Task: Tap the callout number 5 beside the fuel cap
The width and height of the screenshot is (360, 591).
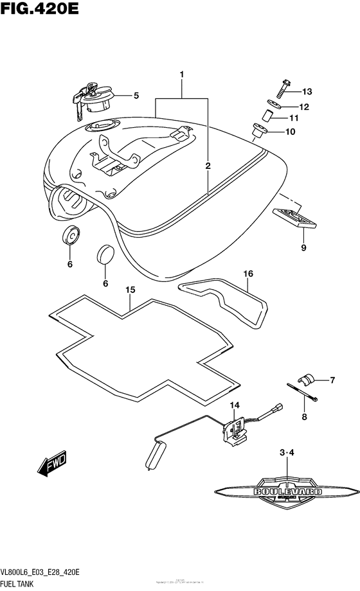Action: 136,96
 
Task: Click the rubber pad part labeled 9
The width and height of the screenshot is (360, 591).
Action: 296,218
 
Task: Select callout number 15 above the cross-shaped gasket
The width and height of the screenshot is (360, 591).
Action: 130,291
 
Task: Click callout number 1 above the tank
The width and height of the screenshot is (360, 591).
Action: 182,76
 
